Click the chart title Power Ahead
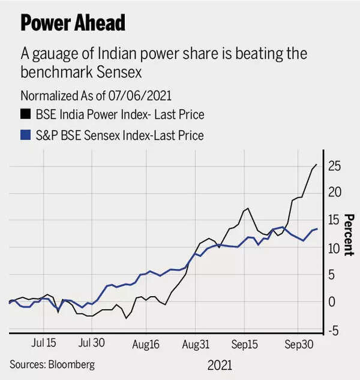pyautogui.click(x=73, y=22)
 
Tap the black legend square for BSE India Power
pyautogui.click(x=25, y=114)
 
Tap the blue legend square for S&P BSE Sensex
pyautogui.click(x=25, y=135)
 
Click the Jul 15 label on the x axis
pyautogui.click(x=43, y=343)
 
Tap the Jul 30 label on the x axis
pyautogui.click(x=92, y=343)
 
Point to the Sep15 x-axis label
pyautogui.click(x=245, y=345)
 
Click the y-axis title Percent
pyautogui.click(x=349, y=235)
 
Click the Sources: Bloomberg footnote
pyautogui.click(x=52, y=364)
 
